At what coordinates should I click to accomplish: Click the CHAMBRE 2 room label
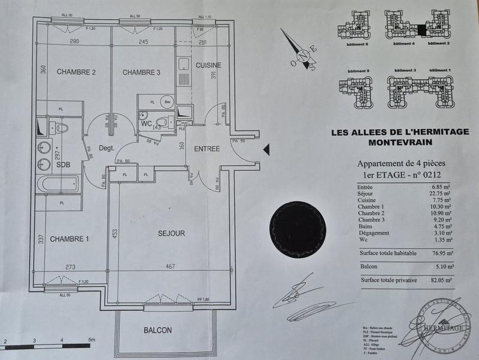tap(77, 72)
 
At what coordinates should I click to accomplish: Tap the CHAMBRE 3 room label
tap(142, 72)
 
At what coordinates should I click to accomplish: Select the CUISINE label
tap(208, 65)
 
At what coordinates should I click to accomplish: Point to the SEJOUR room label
tap(171, 233)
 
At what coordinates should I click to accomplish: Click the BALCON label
tap(157, 330)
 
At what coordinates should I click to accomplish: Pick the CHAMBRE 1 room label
tap(69, 239)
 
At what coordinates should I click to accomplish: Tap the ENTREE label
tap(207, 149)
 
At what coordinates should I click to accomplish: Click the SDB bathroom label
tap(64, 165)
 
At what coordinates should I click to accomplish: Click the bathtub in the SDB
tap(56, 184)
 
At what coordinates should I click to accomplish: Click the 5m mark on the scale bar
tap(91, 341)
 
